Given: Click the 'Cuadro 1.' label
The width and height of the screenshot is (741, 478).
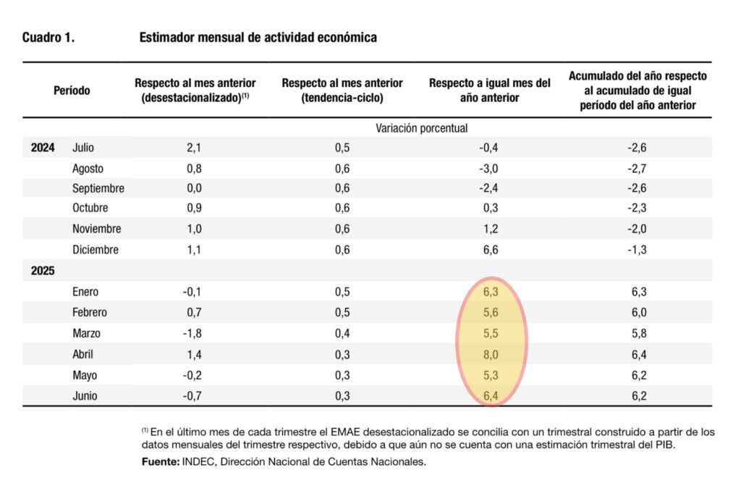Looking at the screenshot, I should click(48, 38).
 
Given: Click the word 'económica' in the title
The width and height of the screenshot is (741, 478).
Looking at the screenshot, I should click(343, 38).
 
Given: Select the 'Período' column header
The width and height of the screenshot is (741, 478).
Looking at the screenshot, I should click(72, 91).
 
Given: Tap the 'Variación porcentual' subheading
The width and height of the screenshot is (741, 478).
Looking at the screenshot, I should click(421, 128).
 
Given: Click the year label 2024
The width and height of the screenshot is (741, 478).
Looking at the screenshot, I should click(43, 148).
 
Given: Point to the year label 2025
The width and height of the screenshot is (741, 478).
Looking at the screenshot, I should click(43, 271).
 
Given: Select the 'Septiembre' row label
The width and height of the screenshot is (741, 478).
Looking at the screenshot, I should click(98, 188).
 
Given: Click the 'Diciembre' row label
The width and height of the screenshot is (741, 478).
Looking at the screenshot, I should click(96, 250).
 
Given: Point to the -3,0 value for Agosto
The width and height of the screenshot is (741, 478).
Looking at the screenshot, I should click(490, 169).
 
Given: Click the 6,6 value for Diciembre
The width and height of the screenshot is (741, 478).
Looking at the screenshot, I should click(490, 250).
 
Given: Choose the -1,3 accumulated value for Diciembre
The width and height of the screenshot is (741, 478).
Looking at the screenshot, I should click(637, 250).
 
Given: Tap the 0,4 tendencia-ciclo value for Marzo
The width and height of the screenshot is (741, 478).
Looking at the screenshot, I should click(342, 334).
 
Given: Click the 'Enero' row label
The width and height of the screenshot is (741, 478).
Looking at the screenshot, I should click(85, 292).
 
